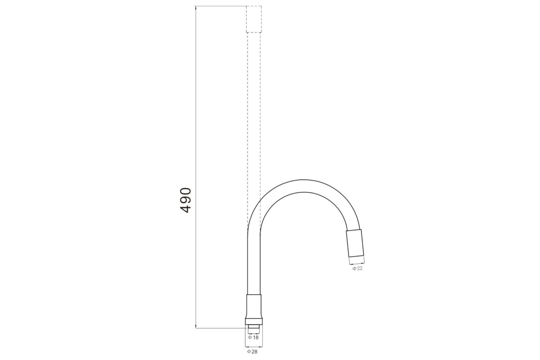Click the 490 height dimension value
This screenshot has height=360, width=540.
click(185, 200)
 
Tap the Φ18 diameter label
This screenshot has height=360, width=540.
click(253, 337)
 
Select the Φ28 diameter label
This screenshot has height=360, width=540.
click(252, 351)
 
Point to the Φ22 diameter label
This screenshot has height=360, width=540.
click(357, 269)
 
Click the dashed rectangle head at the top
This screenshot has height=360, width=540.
click(254, 19)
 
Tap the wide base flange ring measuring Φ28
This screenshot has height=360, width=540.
click(254, 322)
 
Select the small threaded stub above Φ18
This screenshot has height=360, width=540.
click(254, 327)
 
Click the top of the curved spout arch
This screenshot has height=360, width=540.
click(304, 186)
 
